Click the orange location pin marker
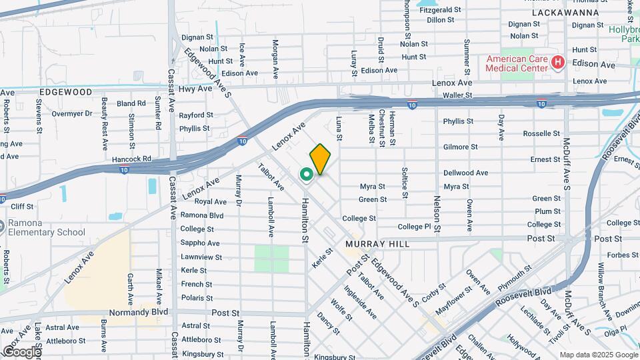[x=320, y=159]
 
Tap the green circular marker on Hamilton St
[x=307, y=175]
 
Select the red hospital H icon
[x=558, y=63]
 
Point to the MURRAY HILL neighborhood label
[x=377, y=245]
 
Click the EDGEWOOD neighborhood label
[x=65, y=91]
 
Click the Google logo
[x=22, y=351]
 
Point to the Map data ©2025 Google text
[x=598, y=354]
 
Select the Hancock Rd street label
[x=133, y=159]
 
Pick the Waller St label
[x=457, y=96]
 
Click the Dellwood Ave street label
[x=465, y=173]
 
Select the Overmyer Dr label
[x=71, y=113]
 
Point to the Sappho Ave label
[x=200, y=243]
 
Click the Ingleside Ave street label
[x=360, y=302]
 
